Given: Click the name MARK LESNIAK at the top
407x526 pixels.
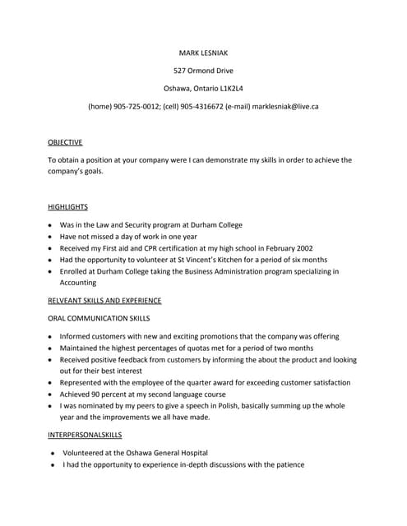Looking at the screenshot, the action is coord(203,53).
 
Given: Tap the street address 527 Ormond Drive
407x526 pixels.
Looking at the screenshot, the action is coord(203,71).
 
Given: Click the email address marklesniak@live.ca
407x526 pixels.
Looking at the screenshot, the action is coord(285,107).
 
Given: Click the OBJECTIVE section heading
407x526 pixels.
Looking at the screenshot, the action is coord(65,142).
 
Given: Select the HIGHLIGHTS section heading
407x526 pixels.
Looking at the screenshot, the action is coord(67,207).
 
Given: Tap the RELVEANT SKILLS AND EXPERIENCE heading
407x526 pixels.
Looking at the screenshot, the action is coord(104,300).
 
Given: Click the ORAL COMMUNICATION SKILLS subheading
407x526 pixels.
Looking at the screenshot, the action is coord(99,318).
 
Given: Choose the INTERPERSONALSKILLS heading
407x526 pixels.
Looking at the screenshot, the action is coord(85,434).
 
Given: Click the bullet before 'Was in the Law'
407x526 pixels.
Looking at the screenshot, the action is coord(50,225).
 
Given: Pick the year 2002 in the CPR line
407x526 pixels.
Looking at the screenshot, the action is coord(298,248).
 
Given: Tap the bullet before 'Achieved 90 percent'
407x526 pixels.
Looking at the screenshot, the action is coord(50,394).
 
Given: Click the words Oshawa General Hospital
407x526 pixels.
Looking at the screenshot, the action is coord(166,453).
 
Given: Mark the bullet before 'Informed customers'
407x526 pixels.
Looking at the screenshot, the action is coord(50,337).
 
